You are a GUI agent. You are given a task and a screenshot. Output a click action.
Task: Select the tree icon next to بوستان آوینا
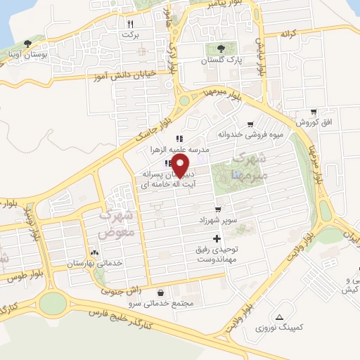(27, 43)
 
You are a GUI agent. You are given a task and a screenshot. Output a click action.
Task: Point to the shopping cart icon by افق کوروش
(313, 111)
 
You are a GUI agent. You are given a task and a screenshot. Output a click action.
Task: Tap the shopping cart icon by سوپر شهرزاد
(219, 210)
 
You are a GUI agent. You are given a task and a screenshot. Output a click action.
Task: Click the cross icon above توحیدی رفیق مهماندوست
(225, 240)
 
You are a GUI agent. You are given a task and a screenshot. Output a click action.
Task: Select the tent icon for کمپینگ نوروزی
(282, 317)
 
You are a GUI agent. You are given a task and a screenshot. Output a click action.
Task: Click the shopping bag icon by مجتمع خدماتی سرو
(162, 292)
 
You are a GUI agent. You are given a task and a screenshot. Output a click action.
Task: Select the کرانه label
(290, 34)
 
